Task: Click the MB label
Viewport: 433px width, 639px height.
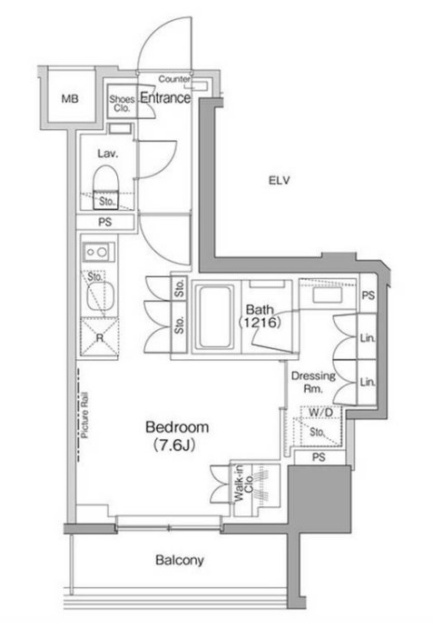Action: [70, 98]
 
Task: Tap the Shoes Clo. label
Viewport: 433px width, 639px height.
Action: [122, 104]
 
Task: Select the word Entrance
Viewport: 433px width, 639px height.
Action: [165, 97]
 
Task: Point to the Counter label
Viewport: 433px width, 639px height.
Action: [174, 79]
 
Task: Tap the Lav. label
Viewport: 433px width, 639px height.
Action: [108, 154]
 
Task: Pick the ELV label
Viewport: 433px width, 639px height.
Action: [280, 180]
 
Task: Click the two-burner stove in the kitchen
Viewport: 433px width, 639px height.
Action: [98, 253]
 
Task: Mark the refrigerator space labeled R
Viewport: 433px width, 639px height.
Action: [100, 337]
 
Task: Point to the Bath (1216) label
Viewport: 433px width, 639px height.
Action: [260, 315]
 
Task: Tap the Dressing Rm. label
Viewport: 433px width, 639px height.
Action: [313, 382]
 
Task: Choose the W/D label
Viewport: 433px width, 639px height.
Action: [320, 413]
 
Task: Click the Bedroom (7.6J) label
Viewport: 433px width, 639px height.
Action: [177, 435]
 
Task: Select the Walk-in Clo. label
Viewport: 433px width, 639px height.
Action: [243, 484]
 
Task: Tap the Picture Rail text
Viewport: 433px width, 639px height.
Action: [85, 414]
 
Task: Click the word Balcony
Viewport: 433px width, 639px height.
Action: [180, 560]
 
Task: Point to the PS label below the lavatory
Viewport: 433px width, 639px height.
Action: [105, 223]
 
